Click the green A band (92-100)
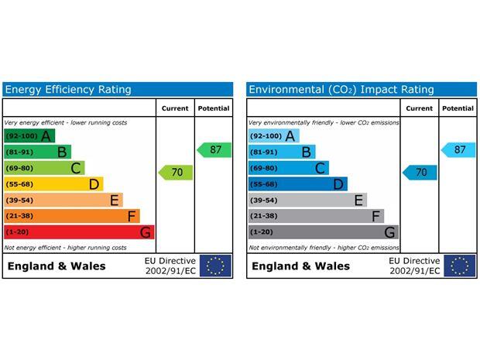29,136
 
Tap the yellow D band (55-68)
53,184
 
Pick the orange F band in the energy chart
71,216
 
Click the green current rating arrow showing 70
176,173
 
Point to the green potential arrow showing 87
214,149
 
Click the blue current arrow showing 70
420,173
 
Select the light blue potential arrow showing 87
458,149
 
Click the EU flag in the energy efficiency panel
215,266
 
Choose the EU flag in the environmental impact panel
459,266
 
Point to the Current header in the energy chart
175,108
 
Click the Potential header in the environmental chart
458,108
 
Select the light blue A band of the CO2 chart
273,136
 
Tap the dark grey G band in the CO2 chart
323,232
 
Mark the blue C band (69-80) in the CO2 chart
288,168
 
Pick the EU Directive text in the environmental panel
414,266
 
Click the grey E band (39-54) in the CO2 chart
307,200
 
